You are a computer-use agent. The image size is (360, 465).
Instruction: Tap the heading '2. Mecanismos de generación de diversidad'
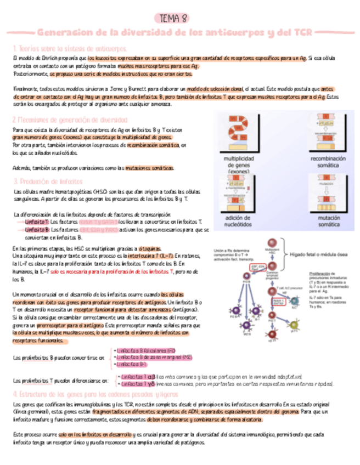coord(67,120)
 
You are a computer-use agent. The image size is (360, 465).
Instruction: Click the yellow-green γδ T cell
coord(294,330)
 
